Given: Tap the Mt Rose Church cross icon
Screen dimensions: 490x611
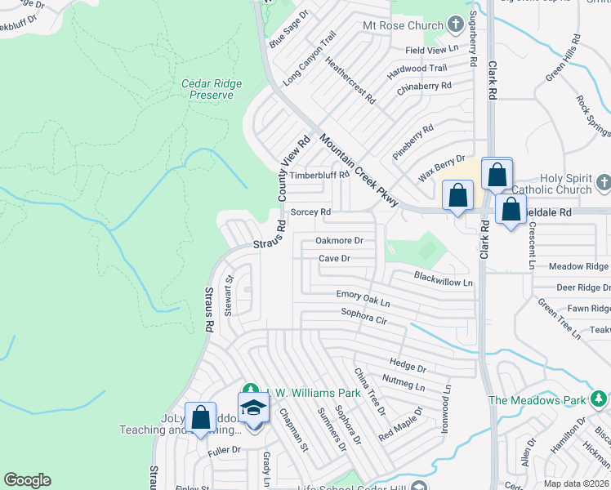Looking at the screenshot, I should click(x=456, y=26).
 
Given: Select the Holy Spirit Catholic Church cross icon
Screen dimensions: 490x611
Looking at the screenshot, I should click(x=603, y=181).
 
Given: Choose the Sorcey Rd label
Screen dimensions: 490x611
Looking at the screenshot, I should click(x=310, y=212).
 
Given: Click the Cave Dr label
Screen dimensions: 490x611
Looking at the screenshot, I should click(x=334, y=259).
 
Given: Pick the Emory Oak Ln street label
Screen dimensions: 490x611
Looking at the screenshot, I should click(x=363, y=298).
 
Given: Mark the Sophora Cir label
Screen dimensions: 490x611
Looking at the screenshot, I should click(x=363, y=316).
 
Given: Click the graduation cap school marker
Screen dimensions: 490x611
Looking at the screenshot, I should click(x=253, y=408).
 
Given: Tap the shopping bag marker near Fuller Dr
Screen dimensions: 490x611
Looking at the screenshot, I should click(x=200, y=418).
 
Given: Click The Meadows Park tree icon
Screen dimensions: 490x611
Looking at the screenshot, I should click(x=599, y=399).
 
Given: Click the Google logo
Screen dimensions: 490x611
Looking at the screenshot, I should click(x=27, y=480).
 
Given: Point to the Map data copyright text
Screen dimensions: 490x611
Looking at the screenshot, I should click(x=577, y=483).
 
